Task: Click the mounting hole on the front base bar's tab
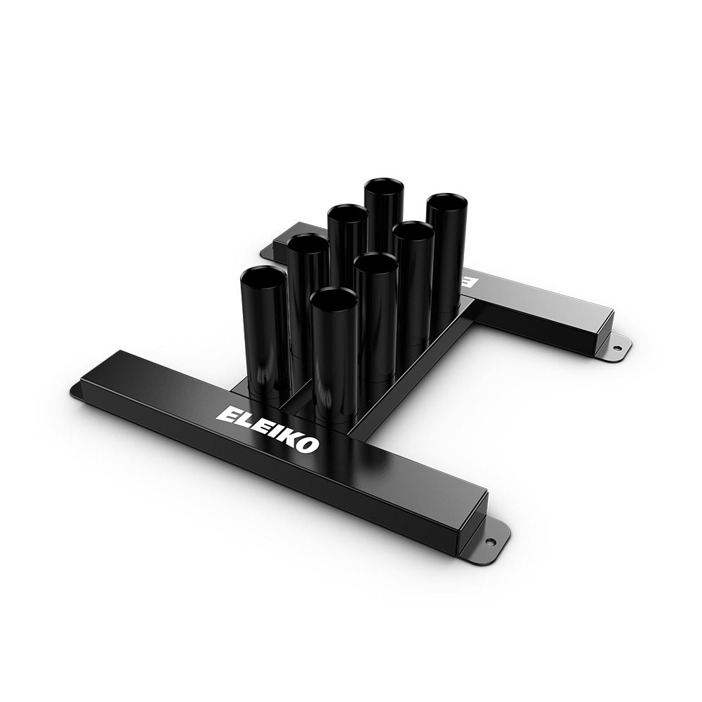coord(489,540)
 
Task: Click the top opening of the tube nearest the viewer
coord(333,300)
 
